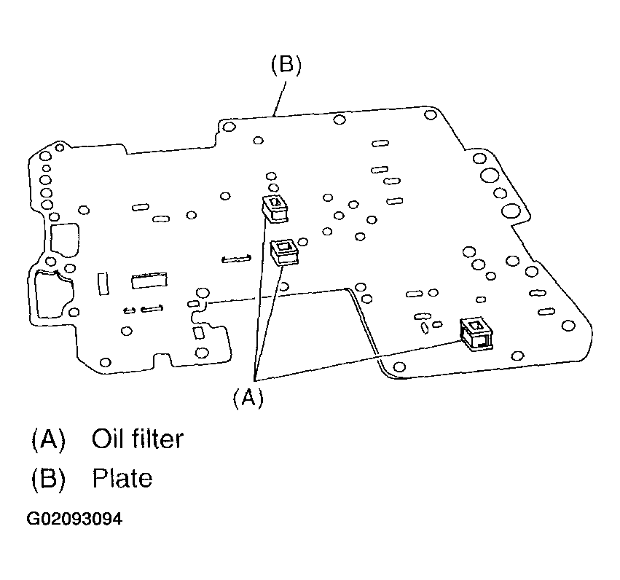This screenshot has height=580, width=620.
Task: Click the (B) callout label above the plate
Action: pos(286,65)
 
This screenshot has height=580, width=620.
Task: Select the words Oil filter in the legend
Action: pos(137,439)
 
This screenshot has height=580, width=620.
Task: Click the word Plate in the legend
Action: pos(122,478)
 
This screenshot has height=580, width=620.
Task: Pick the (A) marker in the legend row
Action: pos(48,439)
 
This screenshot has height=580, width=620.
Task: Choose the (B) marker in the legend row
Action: pos(48,478)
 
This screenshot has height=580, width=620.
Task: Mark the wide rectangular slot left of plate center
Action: pos(150,281)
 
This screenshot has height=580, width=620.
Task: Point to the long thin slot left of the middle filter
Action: pos(237,257)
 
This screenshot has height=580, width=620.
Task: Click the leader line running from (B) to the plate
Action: pos(279,96)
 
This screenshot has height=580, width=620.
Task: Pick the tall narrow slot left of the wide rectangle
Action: pos(103,283)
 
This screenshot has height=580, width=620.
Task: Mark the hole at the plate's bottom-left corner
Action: pos(105,362)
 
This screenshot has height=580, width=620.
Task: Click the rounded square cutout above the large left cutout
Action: pos(64,238)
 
